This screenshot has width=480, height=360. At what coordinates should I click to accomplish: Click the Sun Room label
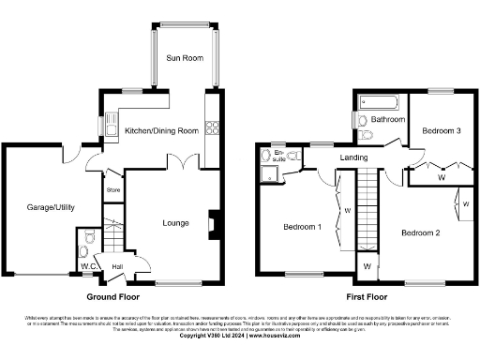(x=185, y=57)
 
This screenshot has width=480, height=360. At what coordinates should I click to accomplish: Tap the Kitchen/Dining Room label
(x=161, y=131)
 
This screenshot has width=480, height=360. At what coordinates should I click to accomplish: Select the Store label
(x=114, y=190)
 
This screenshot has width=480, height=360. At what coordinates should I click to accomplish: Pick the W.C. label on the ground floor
(x=89, y=265)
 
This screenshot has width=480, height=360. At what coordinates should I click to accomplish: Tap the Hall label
(x=118, y=267)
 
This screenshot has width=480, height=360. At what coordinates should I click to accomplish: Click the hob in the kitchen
(x=212, y=128)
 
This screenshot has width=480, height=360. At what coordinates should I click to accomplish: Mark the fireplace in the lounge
(x=215, y=225)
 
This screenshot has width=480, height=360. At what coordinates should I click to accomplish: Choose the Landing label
(x=353, y=157)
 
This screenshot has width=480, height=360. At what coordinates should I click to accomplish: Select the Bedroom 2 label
(x=420, y=232)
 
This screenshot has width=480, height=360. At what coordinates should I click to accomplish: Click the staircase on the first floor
(x=371, y=212)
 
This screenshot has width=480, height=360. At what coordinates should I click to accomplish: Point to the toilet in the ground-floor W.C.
(x=85, y=251)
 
